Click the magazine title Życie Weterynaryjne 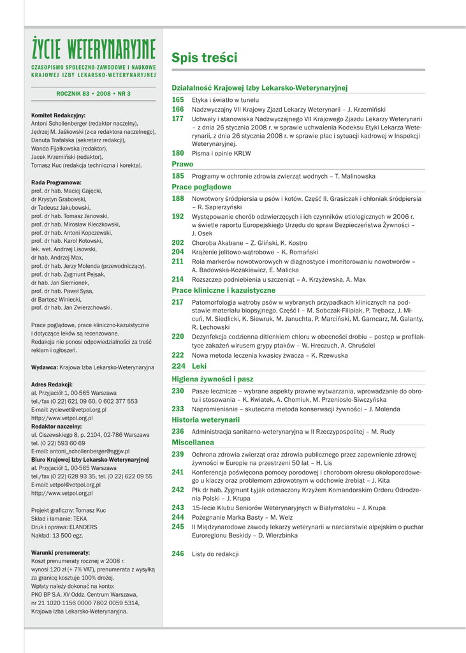(94, 47)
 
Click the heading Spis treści (204, 58)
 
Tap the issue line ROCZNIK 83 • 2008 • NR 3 (93, 94)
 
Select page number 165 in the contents (178, 100)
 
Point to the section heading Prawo (182, 165)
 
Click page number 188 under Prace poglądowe (178, 199)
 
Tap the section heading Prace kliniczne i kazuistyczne (224, 290)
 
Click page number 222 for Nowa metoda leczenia (178, 355)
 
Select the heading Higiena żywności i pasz (212, 379)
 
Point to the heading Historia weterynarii (205, 420)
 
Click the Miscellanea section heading (193, 442)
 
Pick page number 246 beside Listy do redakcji (178, 554)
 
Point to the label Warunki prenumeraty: (61, 552)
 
